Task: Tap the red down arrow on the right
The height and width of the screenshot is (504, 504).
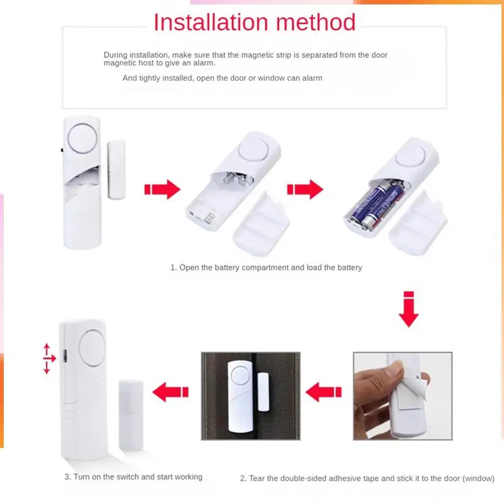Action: coord(409,309)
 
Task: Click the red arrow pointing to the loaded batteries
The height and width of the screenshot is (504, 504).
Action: coord(304,190)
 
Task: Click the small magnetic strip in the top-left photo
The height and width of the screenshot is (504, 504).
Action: coord(117,170)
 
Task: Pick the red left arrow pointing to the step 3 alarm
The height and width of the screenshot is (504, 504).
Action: coord(171,391)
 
